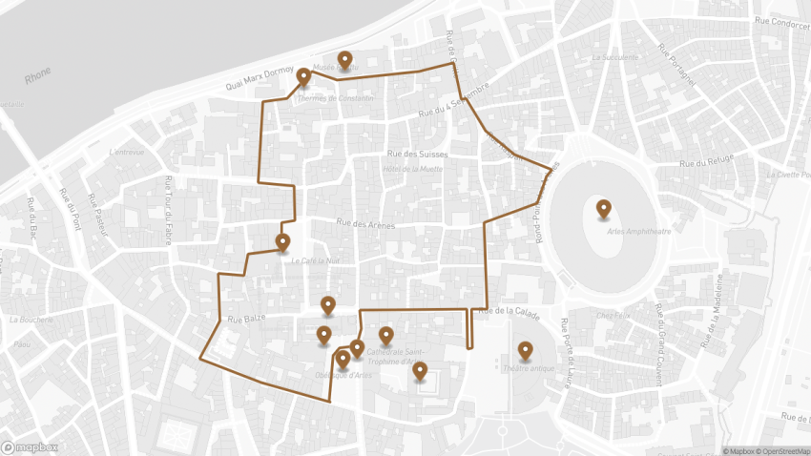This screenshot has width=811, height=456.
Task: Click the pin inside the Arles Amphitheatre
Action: coord(603,208)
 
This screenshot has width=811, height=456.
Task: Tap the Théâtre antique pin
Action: coord(524,351)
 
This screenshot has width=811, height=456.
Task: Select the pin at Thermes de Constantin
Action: coord(303,77)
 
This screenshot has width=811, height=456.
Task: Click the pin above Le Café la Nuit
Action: coord(282,242)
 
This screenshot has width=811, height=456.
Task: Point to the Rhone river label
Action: coord(38,75)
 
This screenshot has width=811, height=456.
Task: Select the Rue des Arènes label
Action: coord(364,224)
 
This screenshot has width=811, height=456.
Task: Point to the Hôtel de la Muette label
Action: coord(412,169)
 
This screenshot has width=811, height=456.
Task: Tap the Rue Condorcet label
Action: coord(781,22)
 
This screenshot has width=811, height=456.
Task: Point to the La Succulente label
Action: coord(614,56)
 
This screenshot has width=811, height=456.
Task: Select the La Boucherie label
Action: coord(32,320)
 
